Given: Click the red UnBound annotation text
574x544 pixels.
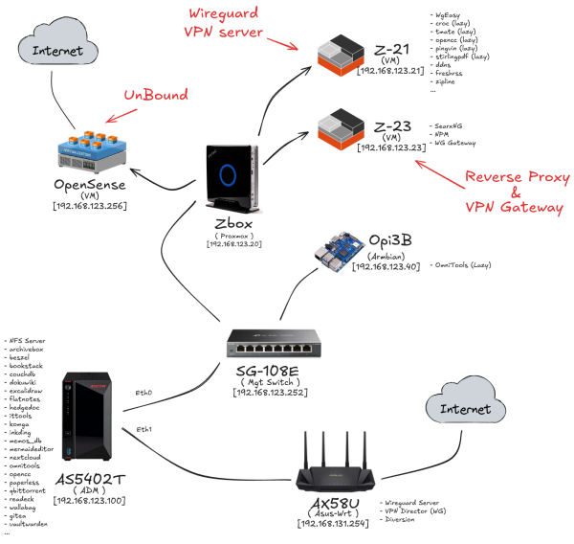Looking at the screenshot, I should point(156,97).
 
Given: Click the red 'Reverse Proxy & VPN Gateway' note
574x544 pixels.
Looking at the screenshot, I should point(513,192).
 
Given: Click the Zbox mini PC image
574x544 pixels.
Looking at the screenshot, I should point(231,178).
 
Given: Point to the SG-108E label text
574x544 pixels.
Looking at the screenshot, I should point(275,371).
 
